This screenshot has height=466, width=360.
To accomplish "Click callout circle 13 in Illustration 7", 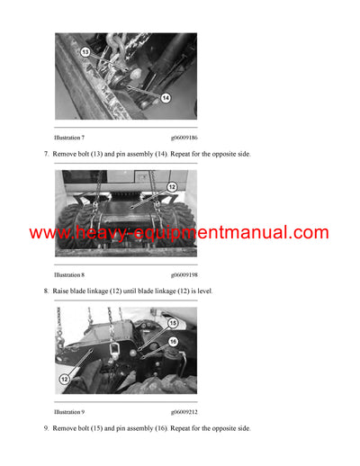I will pos(85,52).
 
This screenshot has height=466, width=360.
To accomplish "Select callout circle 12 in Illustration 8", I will pos(172,186).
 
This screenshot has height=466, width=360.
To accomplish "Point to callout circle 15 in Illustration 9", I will pos(173,323).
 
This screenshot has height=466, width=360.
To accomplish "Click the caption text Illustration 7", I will pos(69,138).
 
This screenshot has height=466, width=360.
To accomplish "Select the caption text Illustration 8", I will pos(69,274).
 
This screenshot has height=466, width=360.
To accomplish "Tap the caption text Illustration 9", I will pos(69,411).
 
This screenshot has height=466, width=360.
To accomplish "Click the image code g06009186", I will pos(184,138).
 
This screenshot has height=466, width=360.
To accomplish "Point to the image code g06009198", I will pos(184,274).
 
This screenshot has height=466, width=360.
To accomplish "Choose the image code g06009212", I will pos(184,411).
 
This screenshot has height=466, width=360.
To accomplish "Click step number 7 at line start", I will pos(46,155).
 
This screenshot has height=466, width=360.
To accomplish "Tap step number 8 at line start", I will pos(46,291).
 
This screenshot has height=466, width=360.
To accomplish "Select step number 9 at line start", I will pos(46,428).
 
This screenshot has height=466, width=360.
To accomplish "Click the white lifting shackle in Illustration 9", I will pos(114,347).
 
